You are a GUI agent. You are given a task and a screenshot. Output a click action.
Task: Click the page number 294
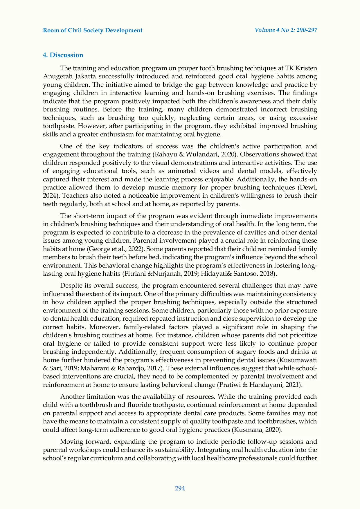(x=180, y=488)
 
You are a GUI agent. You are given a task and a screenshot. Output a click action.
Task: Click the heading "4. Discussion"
(x=63, y=55)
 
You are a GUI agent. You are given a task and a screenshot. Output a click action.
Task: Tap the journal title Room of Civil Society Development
(x=93, y=30)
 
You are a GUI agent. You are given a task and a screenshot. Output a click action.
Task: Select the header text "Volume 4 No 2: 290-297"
(x=286, y=30)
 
